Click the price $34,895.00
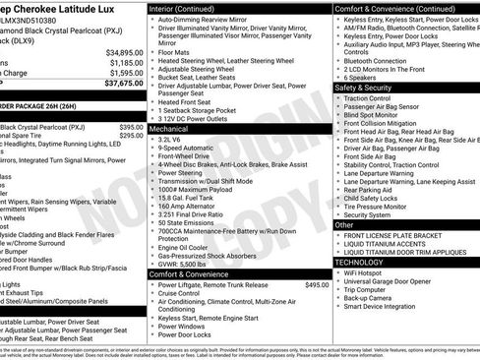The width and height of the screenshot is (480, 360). pos(125,52)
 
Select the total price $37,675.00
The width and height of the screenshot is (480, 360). pos(125,84)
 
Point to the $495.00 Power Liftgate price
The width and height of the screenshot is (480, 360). pos(317,285)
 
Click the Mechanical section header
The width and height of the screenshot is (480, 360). pos(170,128)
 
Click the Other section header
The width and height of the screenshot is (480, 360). pos(345,225)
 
